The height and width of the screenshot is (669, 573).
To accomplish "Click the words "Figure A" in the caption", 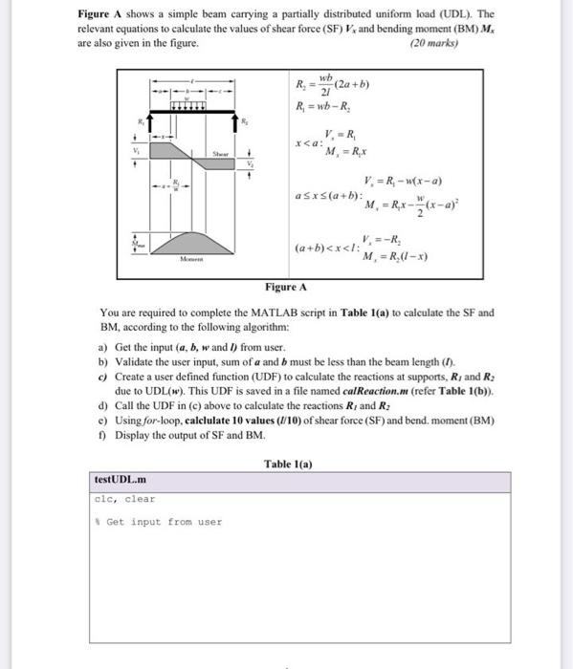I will tap(286, 287).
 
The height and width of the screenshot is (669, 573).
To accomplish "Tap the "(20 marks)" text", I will tap(433, 44).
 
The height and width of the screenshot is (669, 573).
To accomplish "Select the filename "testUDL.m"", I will tap(121, 479).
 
